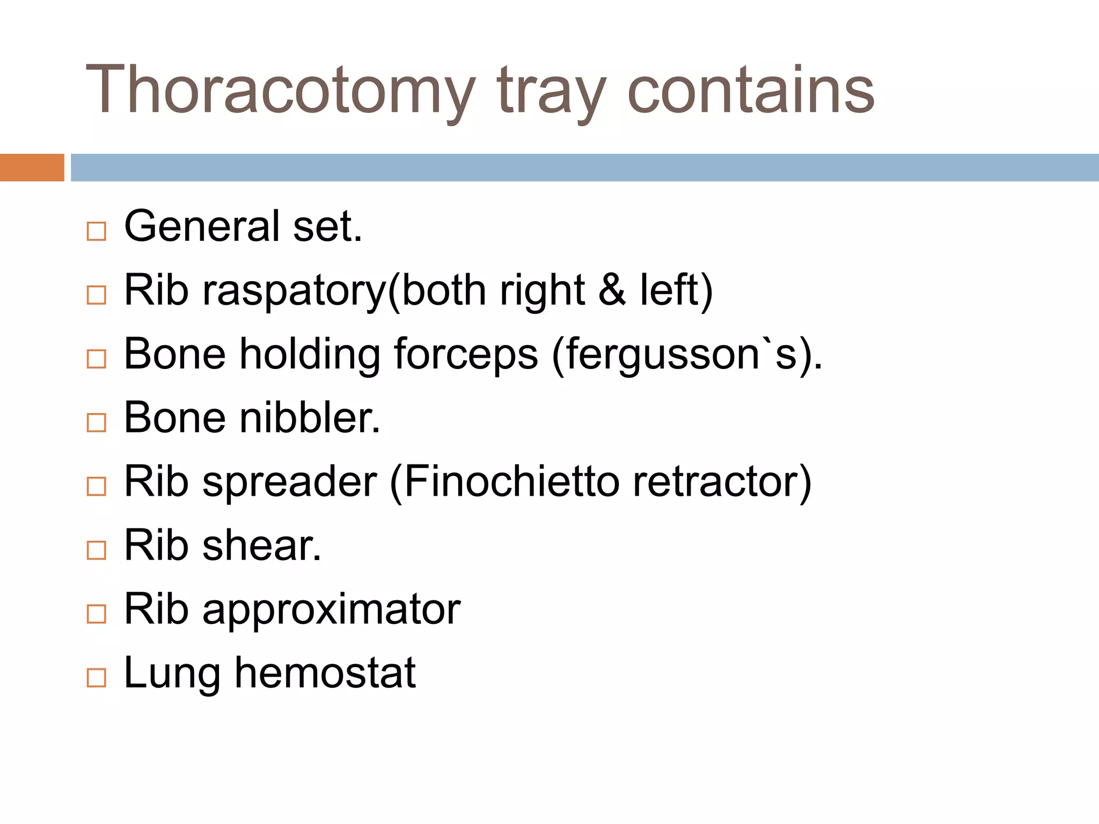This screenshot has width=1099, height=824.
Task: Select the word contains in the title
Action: pyautogui.click(x=751, y=90)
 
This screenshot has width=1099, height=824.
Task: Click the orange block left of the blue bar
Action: pyautogui.click(x=32, y=167)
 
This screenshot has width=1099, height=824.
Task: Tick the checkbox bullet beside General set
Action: pyautogui.click(x=97, y=231)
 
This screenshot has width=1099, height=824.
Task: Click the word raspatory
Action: pyautogui.click(x=294, y=291)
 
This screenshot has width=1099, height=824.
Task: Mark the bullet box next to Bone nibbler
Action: pyautogui.click(x=97, y=423)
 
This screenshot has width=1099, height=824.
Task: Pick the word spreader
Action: pyautogui.click(x=290, y=482)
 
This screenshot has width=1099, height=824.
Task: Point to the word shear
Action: pyautogui.click(x=262, y=545)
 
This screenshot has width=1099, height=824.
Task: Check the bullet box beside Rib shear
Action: pyautogui.click(x=97, y=550)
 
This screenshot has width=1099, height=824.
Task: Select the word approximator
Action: pyautogui.click(x=332, y=610)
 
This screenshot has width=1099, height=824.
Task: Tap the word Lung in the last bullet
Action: pyautogui.click(x=172, y=674)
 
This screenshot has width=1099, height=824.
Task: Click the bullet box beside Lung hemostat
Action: pyautogui.click(x=97, y=678)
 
